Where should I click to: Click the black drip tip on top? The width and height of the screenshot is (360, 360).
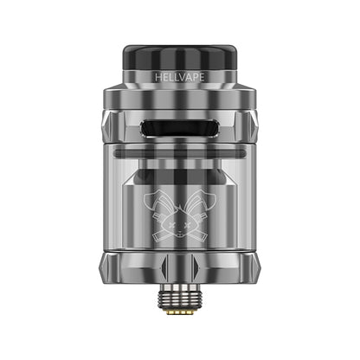coord(180,57)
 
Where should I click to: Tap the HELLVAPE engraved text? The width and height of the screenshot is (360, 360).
coord(180,77)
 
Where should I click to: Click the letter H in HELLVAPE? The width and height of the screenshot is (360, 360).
coord(158,77)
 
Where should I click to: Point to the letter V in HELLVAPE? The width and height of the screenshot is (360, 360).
coord(182,77)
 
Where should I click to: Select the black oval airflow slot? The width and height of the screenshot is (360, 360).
coord(179,128)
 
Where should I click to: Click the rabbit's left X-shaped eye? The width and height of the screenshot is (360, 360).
coord(170,224)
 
